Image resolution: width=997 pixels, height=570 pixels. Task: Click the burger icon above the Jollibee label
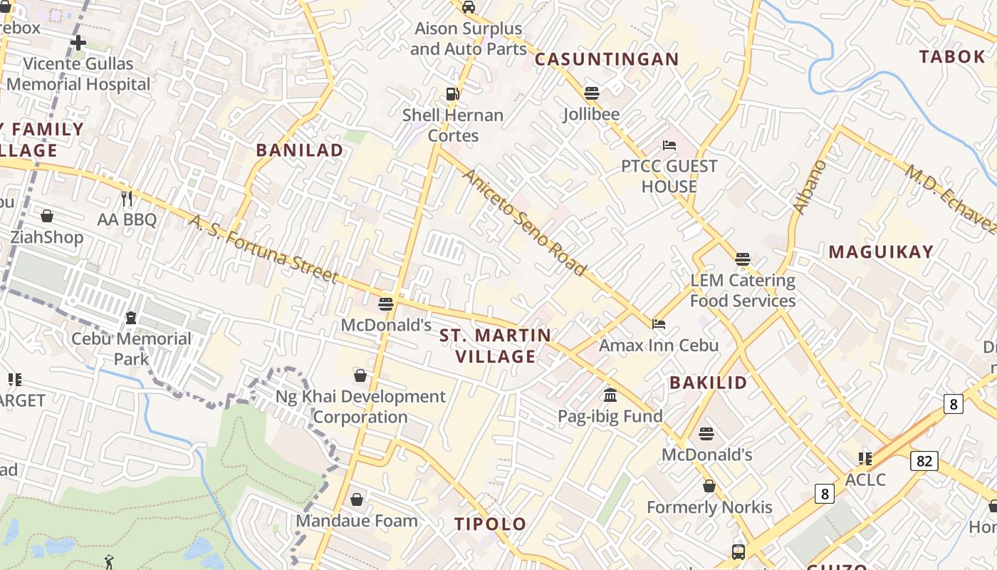(x=591, y=93)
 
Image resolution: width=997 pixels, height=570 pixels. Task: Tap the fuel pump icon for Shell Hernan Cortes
(x=452, y=94)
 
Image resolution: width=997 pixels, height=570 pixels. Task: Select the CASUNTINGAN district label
(x=607, y=59)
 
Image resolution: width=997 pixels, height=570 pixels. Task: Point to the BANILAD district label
(x=299, y=150)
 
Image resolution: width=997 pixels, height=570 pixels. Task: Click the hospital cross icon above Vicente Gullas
(x=78, y=43)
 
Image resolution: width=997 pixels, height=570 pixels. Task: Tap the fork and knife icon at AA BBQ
(x=127, y=198)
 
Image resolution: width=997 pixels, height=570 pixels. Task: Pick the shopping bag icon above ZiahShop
(x=47, y=216)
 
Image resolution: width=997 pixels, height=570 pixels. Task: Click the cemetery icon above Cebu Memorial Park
(x=131, y=317)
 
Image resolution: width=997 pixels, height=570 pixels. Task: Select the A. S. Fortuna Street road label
(x=263, y=248)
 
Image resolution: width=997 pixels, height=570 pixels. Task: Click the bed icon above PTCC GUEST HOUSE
(x=669, y=145)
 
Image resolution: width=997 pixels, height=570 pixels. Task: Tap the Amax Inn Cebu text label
(x=659, y=346)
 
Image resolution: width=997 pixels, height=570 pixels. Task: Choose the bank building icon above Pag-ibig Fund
(x=610, y=395)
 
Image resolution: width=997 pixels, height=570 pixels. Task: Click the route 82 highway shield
(x=924, y=461)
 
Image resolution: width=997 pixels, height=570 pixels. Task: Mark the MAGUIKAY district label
(x=881, y=252)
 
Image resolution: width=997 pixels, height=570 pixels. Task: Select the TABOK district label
(x=951, y=57)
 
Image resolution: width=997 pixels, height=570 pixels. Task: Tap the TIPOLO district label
(x=491, y=524)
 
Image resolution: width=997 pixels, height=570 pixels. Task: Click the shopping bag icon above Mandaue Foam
(x=357, y=499)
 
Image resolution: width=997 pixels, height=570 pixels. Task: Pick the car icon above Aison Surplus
(x=469, y=7)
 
